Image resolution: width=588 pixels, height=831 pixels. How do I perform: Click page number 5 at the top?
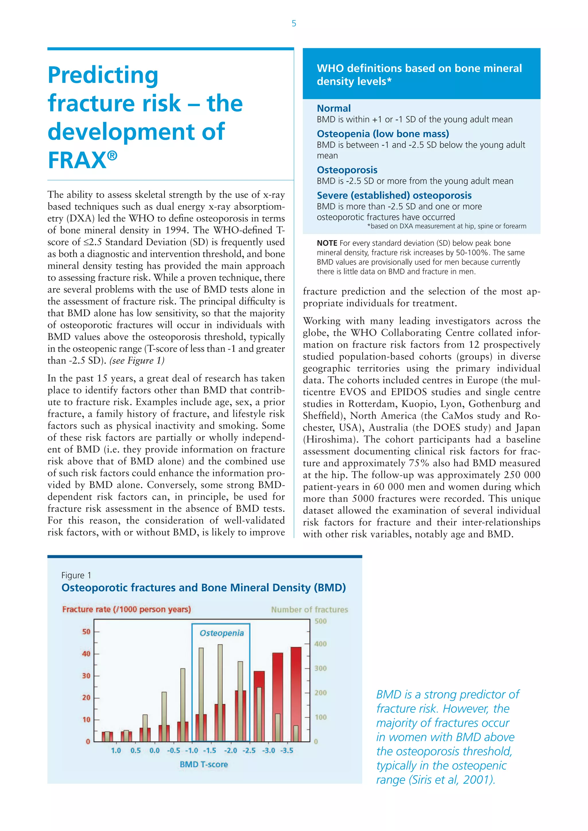(294, 24)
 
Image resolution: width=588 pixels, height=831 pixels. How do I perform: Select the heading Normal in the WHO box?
(333, 108)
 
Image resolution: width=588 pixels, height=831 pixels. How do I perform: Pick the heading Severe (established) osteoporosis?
(394, 195)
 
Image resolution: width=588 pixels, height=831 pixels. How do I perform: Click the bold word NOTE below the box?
(326, 243)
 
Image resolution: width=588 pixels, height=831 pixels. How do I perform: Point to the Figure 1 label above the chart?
(76, 575)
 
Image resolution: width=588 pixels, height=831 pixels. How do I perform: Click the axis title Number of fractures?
(309, 609)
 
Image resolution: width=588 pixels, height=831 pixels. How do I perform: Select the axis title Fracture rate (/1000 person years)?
(126, 609)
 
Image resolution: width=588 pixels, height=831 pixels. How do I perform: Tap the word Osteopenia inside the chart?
(222, 633)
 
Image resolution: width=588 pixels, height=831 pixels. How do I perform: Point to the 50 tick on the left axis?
(86, 632)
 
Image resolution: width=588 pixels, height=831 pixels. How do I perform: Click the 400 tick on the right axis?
(320, 644)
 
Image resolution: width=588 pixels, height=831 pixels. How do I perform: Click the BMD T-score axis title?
(204, 764)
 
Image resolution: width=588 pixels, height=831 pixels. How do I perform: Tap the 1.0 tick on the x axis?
(116, 750)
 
